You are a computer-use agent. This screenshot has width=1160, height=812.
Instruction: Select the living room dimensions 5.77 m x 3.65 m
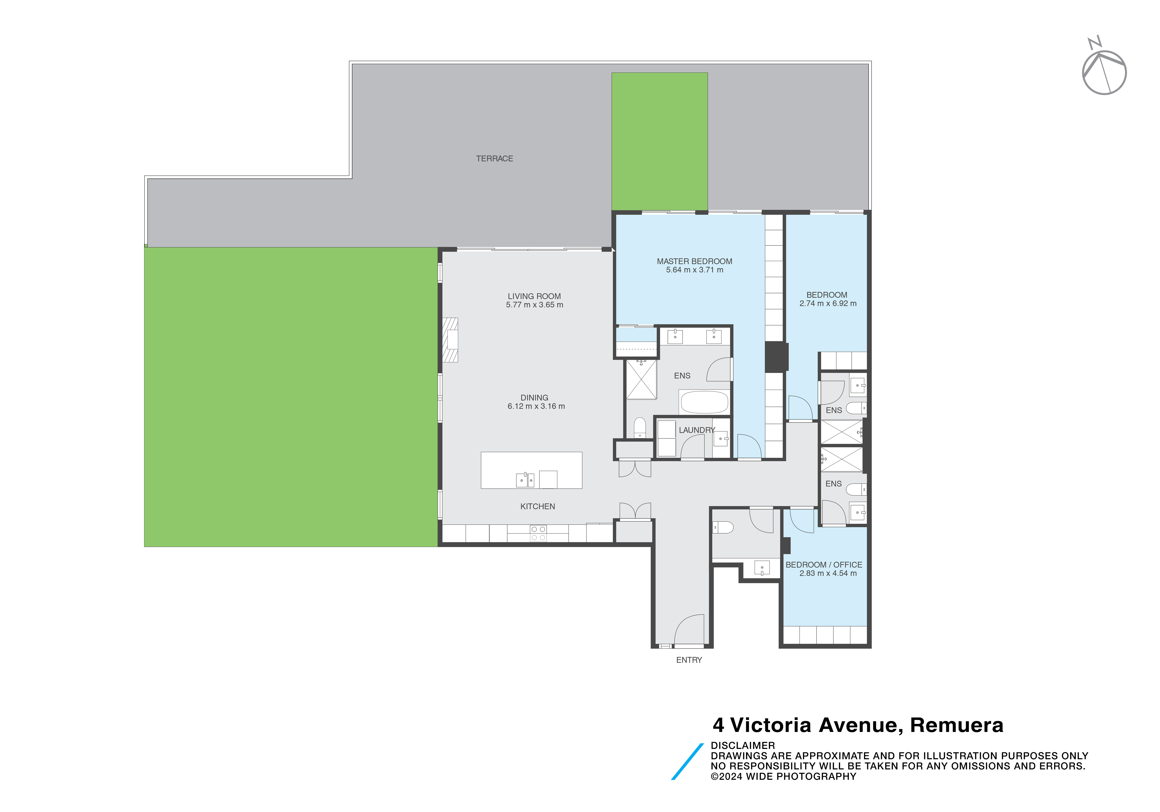pos(534,305)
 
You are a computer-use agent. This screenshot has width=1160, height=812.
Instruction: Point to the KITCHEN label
pos(538,506)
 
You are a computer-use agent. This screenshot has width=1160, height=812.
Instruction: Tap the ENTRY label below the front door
pos(689,660)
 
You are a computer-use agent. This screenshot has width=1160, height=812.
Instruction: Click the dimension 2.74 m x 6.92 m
pos(828,304)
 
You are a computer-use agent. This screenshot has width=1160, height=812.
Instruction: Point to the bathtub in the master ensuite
pos(704,402)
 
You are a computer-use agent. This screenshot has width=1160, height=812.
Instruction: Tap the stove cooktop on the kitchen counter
pos(538,533)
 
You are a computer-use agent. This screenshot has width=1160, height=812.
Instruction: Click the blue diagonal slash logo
pos(687,762)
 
